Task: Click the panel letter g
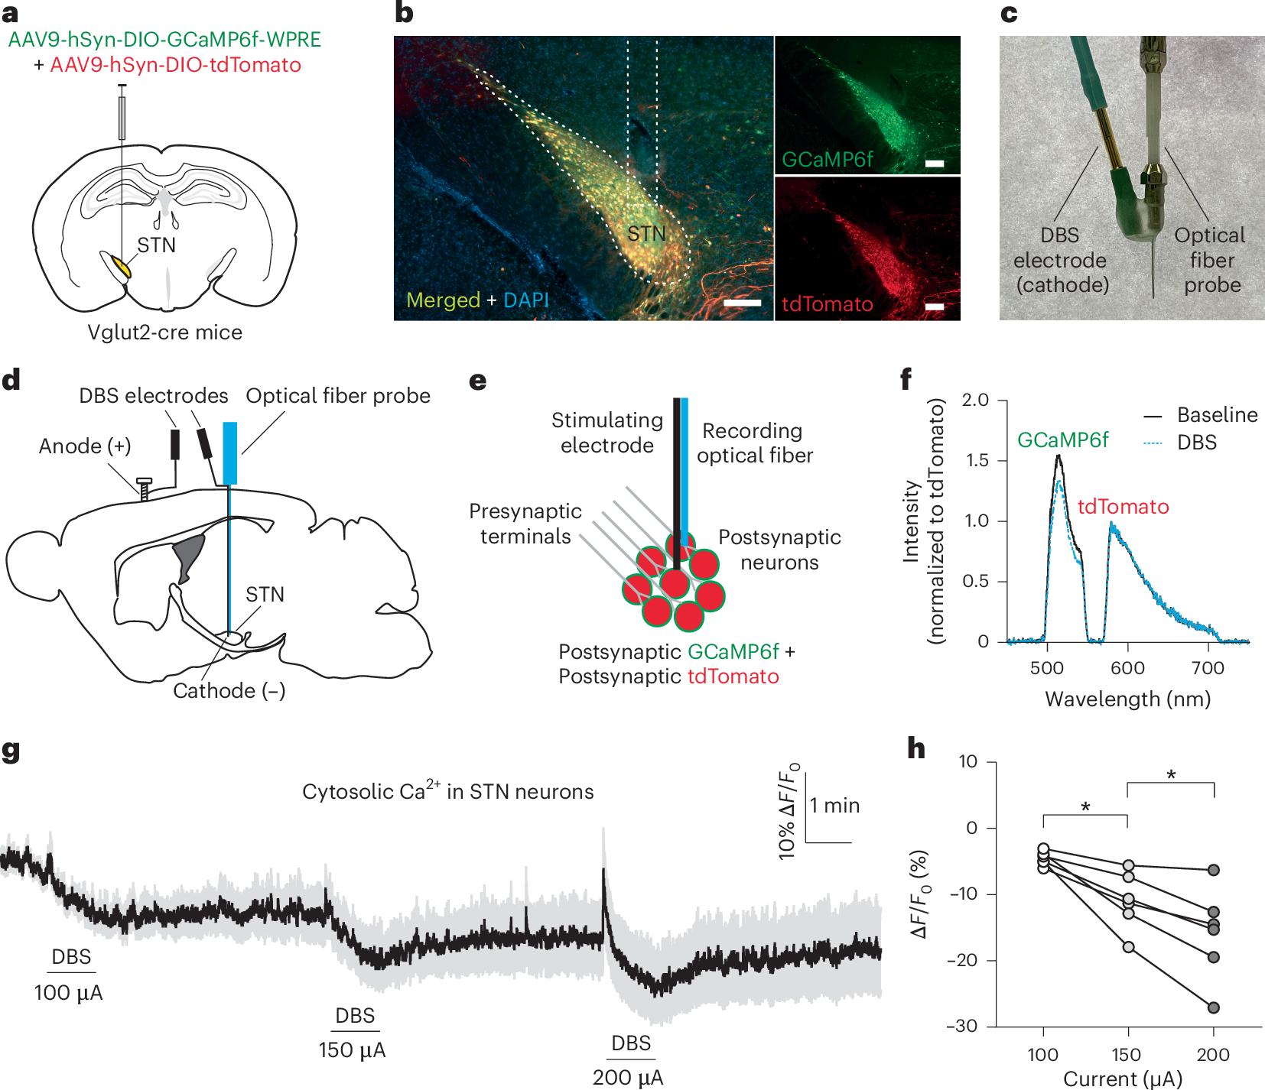(11, 751)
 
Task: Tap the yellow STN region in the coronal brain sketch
(120, 267)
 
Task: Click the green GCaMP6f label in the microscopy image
(827, 159)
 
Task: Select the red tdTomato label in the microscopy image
(827, 304)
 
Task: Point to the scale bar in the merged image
(741, 303)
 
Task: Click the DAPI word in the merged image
(526, 300)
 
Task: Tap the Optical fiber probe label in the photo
(1211, 260)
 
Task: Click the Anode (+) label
(85, 446)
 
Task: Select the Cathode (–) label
(229, 691)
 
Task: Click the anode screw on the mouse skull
(144, 488)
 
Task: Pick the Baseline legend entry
(1217, 415)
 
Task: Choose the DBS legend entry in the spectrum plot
(1196, 443)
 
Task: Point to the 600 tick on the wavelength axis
(1127, 668)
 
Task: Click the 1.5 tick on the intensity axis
(975, 460)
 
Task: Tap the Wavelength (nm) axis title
(1127, 699)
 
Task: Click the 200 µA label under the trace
(627, 1078)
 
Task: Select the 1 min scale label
(834, 806)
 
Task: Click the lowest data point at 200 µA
(1213, 1007)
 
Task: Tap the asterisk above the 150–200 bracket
(1171, 775)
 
